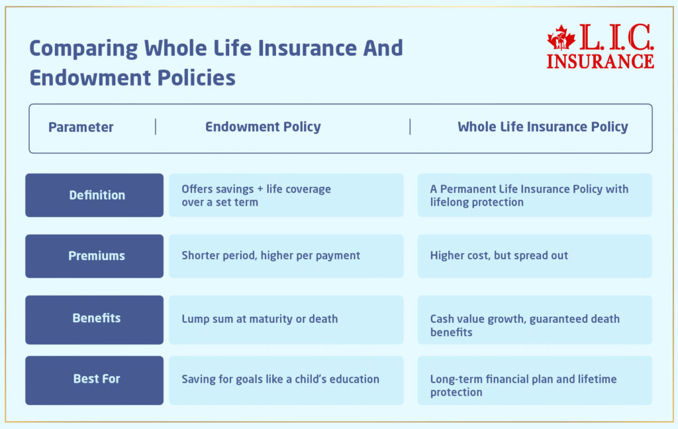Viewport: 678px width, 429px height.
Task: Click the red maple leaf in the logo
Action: [x=561, y=38]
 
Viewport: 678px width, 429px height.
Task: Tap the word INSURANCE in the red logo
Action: [x=600, y=61]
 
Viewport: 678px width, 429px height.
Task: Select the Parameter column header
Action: [x=81, y=127]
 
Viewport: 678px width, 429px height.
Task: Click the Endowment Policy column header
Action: [x=263, y=127]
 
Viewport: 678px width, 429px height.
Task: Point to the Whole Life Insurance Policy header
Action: [x=543, y=127]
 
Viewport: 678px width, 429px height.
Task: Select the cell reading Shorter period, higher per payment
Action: [x=286, y=257]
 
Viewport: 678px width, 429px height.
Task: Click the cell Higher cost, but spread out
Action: [x=535, y=257]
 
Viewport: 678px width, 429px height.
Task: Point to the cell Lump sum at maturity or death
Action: [x=286, y=320]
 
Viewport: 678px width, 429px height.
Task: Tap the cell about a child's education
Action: [x=286, y=381]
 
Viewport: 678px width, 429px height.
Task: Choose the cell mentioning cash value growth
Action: [x=535, y=320]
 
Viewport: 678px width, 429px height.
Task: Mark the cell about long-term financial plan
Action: [x=535, y=381]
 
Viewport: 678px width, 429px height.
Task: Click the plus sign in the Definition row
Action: [x=260, y=190]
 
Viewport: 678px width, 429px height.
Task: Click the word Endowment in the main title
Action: [x=90, y=78]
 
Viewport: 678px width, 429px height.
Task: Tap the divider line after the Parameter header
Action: [x=155, y=127]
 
